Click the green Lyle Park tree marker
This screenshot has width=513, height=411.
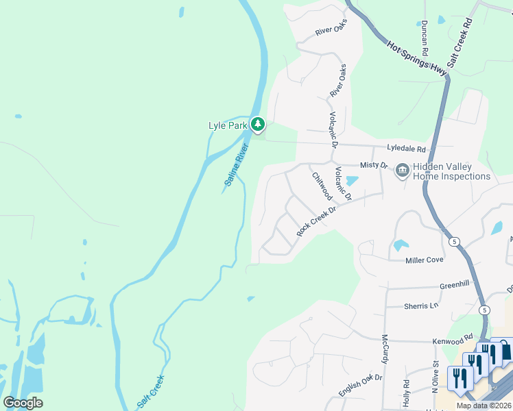[x=258, y=125]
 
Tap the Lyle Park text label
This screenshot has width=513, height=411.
[x=228, y=125]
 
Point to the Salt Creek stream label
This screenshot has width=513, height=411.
[x=152, y=390]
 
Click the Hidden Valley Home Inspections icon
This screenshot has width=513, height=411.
[x=402, y=170]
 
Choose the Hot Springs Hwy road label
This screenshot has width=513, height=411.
[x=417, y=57]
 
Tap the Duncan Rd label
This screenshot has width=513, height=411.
[x=425, y=38]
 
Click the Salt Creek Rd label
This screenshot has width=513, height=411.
[x=460, y=42]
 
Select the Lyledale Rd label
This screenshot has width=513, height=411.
[x=406, y=149]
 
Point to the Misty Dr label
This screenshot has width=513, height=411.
[x=374, y=165]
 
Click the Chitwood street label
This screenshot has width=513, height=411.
[x=322, y=186]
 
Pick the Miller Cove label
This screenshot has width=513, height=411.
[x=425, y=260]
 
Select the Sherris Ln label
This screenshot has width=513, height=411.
[x=420, y=306]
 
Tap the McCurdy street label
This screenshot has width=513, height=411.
[x=385, y=349]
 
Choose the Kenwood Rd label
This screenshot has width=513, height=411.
[x=453, y=340]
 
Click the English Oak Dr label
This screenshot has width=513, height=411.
[x=360, y=386]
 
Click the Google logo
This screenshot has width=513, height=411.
[x=23, y=402]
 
